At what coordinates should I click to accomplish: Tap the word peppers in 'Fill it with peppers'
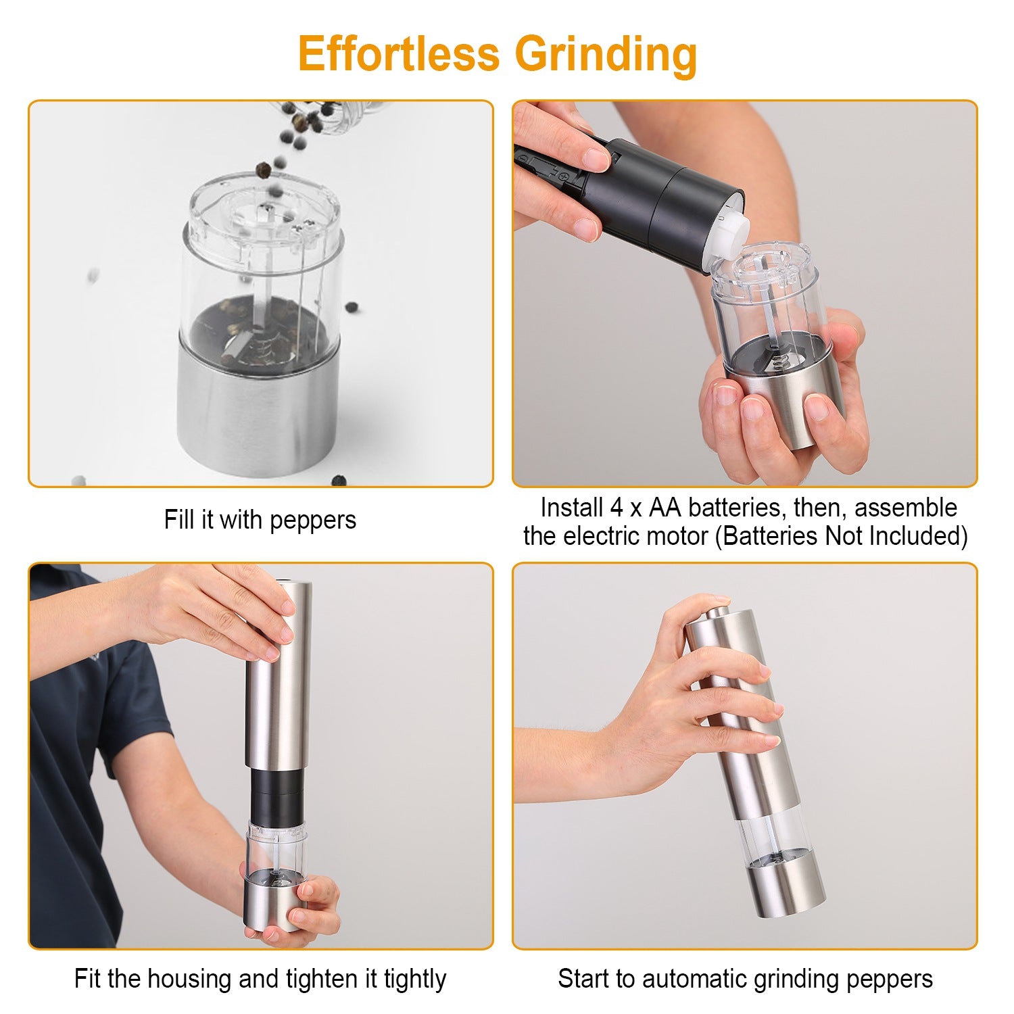click(312, 520)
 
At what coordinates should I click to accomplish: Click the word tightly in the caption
click(415, 979)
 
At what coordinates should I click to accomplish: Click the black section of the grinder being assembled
click(277, 795)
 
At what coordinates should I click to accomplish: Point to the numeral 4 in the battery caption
click(615, 508)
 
